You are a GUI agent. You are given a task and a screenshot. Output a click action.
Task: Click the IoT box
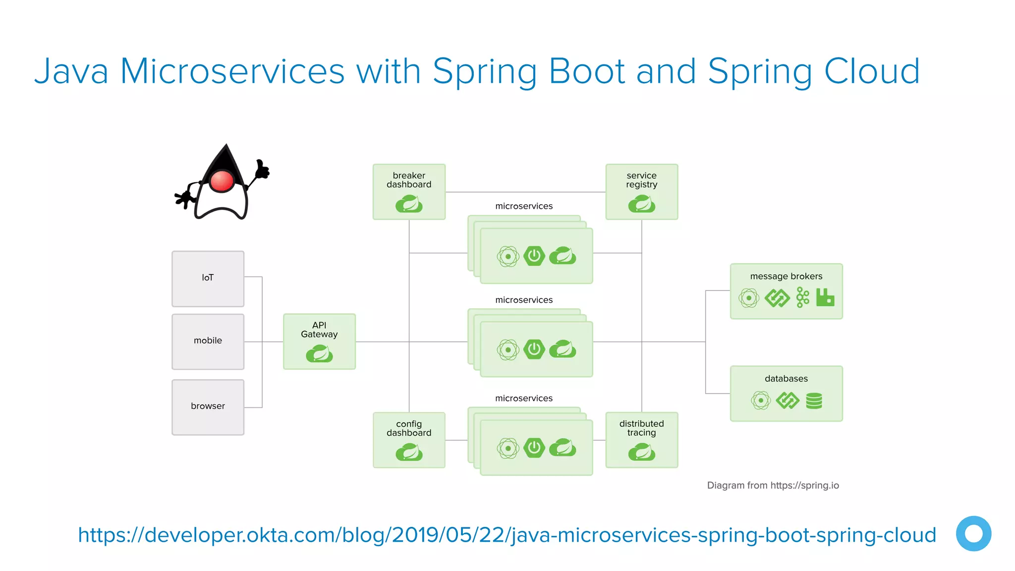pos(208,279)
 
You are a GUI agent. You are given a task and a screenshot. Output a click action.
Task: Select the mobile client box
pos(208,341)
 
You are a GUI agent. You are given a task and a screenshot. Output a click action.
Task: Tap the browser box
pos(208,406)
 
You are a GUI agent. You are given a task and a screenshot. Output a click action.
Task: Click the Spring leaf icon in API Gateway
pos(319,354)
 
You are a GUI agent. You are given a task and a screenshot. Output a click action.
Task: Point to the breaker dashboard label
pos(409,180)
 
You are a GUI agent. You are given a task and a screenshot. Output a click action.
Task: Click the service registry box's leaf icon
pos(641,204)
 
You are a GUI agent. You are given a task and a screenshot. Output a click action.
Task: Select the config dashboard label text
pos(409,428)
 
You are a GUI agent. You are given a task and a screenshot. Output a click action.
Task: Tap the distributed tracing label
pos(641,428)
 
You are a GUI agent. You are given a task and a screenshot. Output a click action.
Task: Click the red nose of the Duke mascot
pos(222,181)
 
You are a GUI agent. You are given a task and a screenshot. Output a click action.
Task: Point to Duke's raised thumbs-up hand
pos(261,169)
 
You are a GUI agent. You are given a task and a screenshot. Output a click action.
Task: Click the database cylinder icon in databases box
pos(814,400)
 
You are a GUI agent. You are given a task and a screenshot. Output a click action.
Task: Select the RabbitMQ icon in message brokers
pos(825,297)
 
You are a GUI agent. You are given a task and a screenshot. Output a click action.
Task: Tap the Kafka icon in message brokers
pos(802,297)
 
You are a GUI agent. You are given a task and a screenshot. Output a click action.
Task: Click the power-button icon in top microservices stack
pos(534,256)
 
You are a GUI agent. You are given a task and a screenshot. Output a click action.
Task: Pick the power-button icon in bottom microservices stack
pos(534,448)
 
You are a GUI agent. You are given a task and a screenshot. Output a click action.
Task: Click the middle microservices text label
pos(524,300)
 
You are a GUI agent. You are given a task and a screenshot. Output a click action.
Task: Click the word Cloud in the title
pos(872,71)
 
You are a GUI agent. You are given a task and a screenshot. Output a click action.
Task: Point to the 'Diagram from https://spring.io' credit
pos(773,485)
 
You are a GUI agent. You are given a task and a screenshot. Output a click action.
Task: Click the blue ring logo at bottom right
pos(973,534)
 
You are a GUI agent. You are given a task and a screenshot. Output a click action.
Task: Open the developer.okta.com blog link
pos(507,535)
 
